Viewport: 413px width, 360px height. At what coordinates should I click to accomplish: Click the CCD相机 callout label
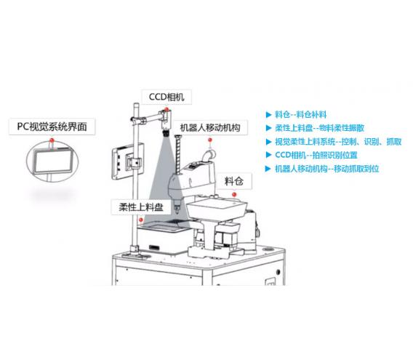coord(167,97)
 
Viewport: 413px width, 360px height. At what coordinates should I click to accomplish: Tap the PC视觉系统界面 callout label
coord(52,127)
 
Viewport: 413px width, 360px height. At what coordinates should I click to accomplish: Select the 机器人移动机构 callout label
coord(210,127)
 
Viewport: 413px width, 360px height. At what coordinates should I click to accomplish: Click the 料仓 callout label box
coord(234,181)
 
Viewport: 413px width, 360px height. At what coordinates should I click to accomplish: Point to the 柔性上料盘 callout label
coord(141,207)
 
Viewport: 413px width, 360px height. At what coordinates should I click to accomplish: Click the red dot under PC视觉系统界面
coord(52,140)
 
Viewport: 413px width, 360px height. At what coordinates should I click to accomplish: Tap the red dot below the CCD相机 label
coord(167,109)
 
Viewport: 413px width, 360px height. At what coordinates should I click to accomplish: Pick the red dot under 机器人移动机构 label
coord(209,140)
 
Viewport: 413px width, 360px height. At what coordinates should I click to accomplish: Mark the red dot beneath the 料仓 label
coord(234,194)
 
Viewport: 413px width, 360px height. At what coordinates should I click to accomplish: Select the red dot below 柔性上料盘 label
coord(141,220)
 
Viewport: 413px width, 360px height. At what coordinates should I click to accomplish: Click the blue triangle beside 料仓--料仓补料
coord(268,115)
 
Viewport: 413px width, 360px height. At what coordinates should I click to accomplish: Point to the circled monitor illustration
coord(52,161)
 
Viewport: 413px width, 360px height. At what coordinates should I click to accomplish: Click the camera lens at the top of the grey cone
coord(167,132)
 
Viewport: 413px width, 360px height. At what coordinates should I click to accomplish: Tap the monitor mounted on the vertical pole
coord(128,161)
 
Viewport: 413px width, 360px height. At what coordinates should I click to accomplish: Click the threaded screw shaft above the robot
coord(178,154)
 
